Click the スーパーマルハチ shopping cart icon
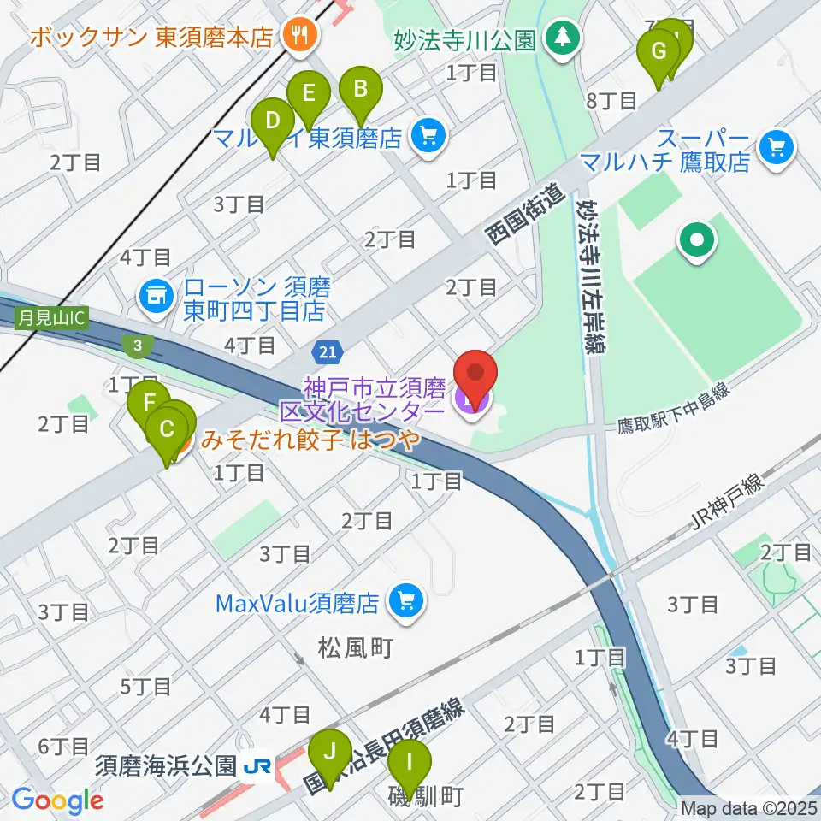tap(777, 147)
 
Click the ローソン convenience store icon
tap(156, 297)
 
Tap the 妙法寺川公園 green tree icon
tap(562, 37)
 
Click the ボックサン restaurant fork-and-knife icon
tap(299, 36)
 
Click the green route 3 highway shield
tap(136, 345)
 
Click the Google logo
tap(57, 800)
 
